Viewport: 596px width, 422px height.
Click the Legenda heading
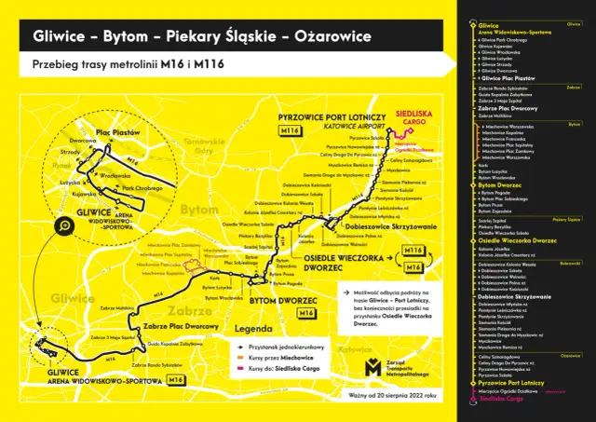(253, 329)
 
